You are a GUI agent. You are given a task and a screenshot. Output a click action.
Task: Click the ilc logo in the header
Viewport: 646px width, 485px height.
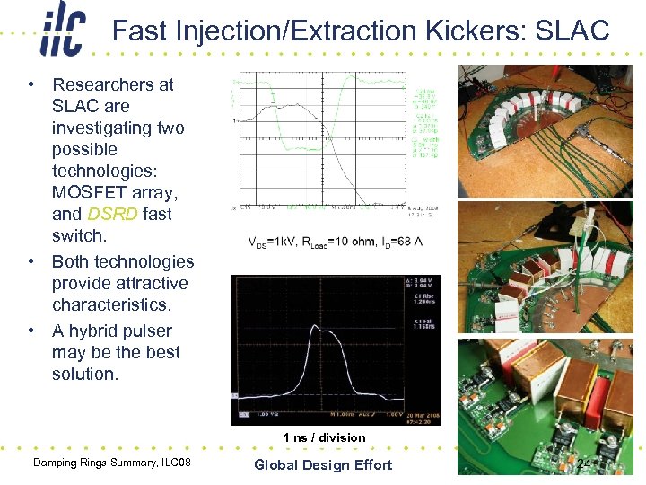(62, 31)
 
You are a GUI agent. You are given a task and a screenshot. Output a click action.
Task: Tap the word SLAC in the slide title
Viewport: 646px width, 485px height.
(572, 31)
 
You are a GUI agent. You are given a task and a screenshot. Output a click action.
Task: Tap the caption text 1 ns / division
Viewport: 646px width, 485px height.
(324, 437)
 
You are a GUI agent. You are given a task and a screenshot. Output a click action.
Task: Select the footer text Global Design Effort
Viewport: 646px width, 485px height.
(323, 464)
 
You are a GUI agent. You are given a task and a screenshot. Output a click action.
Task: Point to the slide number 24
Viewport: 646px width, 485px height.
(584, 464)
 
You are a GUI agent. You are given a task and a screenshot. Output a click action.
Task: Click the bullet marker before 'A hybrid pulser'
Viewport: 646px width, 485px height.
(31, 331)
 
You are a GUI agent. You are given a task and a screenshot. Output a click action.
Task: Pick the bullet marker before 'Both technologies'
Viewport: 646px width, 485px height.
(31, 262)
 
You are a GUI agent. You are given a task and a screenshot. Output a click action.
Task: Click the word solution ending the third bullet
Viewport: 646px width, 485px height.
(85, 375)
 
